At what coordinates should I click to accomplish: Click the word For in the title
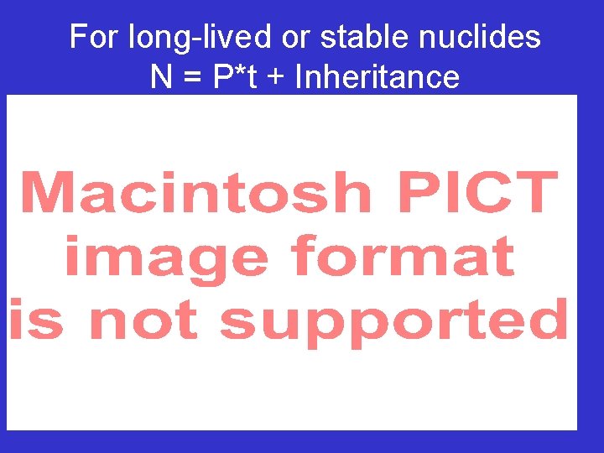click(x=96, y=37)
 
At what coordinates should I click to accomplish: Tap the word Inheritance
click(x=377, y=77)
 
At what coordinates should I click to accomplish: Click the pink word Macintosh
click(x=195, y=192)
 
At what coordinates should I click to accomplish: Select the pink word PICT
click(x=476, y=192)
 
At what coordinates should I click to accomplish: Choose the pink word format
click(x=403, y=257)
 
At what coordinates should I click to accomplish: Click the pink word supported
click(x=394, y=322)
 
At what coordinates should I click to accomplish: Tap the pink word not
click(x=143, y=320)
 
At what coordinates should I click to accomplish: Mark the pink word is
click(x=36, y=320)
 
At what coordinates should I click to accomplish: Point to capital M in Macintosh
click(x=51, y=192)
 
